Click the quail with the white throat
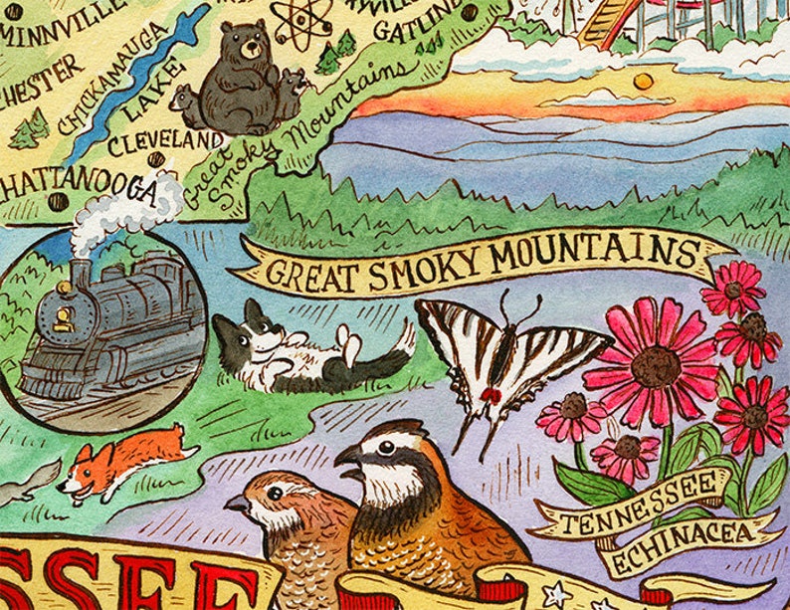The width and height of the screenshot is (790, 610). point(418,498)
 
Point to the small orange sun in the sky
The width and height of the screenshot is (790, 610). point(644,81)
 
